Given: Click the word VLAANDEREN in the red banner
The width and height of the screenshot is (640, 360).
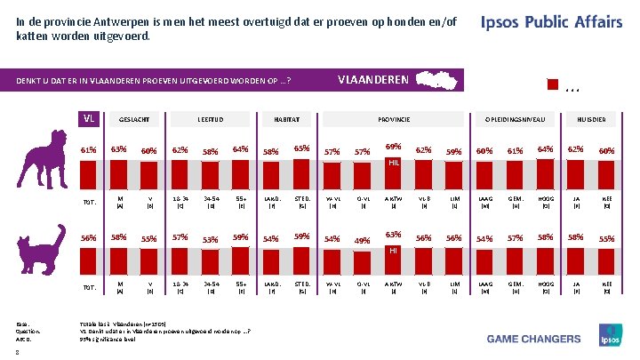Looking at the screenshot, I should point(373,80).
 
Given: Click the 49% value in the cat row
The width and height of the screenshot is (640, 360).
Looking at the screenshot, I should point(362,240).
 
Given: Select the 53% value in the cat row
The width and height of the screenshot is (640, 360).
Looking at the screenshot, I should point(212,240).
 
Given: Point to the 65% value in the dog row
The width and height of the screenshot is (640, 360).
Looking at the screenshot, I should point(301,148).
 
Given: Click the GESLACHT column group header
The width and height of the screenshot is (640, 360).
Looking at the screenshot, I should point(134,118).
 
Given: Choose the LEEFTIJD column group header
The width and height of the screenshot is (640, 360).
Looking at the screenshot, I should point(211,118).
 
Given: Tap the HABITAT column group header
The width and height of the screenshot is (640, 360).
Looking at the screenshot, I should point(286,118).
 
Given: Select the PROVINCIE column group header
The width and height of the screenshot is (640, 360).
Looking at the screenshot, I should point(392,118).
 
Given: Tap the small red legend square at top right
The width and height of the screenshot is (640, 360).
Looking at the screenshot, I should point(553,85).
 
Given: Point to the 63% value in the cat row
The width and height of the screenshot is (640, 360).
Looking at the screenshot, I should point(391,236).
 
